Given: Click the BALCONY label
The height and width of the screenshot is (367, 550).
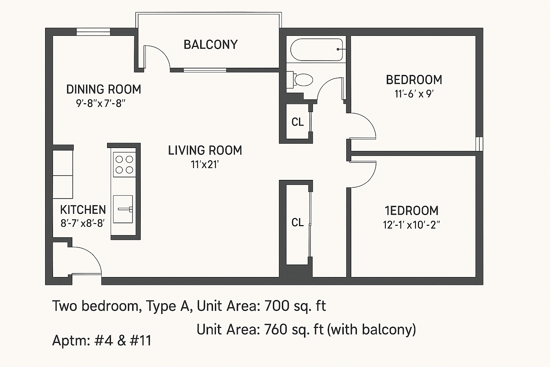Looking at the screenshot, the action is [x=211, y=45].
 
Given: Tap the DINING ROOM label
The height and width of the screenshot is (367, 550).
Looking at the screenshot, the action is [x=103, y=89].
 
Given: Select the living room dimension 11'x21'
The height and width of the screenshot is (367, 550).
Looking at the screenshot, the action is [x=205, y=165].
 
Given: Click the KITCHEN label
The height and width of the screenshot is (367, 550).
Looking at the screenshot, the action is [x=83, y=210].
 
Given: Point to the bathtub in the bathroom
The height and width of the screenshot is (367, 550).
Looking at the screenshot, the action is [x=317, y=49].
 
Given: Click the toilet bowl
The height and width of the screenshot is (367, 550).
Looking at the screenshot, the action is [x=304, y=80].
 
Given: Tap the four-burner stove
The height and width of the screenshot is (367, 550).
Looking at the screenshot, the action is [x=125, y=165].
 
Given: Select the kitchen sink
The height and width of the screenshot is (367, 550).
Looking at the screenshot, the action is [x=123, y=209].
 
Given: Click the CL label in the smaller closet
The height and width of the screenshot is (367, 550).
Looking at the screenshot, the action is [x=298, y=122].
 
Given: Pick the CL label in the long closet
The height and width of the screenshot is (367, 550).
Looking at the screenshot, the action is [x=298, y=223].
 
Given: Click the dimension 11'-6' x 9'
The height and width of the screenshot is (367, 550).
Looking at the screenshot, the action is [x=414, y=94].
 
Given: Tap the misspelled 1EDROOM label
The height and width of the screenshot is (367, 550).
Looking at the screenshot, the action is [x=411, y=211].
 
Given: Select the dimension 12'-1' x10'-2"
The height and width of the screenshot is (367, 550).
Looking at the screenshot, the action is [x=411, y=225].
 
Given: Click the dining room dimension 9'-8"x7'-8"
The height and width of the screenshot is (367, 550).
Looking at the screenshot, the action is [x=101, y=104].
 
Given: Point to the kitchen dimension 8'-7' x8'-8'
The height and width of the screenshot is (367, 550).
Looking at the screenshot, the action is [x=83, y=224].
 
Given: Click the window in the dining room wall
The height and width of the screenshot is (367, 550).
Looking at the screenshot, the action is [x=93, y=32].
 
